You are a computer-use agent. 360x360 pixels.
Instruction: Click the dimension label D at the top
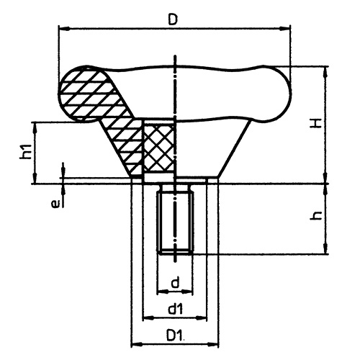tap(173, 19)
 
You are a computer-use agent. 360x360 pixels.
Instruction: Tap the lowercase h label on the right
tap(316, 216)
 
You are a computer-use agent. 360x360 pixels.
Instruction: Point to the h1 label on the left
tap(26, 152)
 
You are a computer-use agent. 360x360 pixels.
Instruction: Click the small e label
tap(55, 204)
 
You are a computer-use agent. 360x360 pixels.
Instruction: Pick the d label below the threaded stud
tap(176, 282)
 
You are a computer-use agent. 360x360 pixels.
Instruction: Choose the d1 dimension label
tap(176, 309)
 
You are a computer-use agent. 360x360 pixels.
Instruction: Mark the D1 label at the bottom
tap(176, 336)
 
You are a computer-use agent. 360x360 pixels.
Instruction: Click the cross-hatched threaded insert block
tap(159, 147)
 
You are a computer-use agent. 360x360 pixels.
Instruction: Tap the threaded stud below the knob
tap(176, 220)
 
